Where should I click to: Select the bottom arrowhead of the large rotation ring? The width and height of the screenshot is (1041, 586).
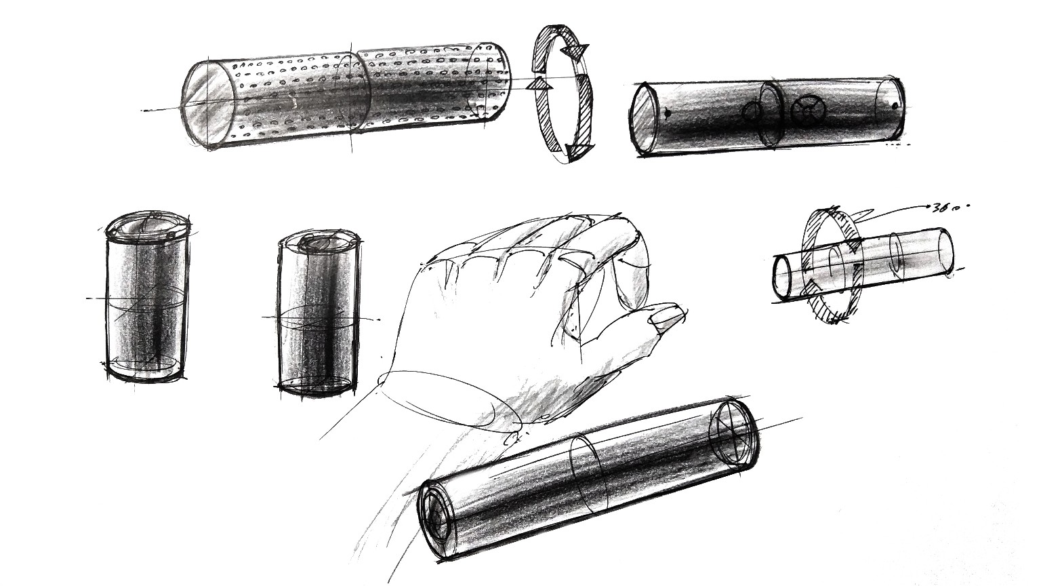coord(577,150)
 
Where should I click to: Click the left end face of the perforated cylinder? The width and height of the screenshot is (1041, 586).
coord(208,105)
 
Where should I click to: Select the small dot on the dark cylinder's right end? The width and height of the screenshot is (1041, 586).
coord(895,105)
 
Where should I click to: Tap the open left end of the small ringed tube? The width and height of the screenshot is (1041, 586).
coord(783,277)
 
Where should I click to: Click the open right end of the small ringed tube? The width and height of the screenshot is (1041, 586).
coord(944,250)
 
